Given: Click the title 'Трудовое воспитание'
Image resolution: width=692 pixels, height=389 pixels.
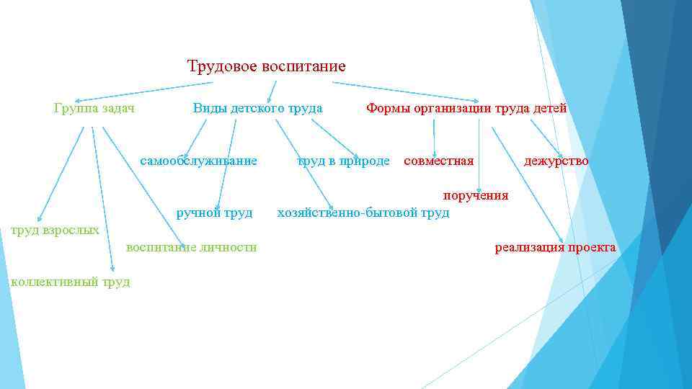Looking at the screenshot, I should (x=266, y=67).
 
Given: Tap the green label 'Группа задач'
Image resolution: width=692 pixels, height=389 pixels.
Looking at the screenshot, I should (x=95, y=109).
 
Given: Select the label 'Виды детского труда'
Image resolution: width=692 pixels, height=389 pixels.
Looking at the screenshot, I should (x=257, y=109).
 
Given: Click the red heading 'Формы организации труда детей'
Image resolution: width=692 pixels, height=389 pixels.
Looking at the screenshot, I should (x=466, y=109).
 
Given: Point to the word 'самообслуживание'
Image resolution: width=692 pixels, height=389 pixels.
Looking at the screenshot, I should (x=198, y=161).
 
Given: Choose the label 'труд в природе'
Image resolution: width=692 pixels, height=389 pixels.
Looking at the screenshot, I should (x=343, y=161).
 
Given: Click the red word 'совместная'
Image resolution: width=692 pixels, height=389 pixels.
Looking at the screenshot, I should (x=438, y=161).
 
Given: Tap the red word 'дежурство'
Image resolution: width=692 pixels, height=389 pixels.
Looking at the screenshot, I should (x=556, y=161).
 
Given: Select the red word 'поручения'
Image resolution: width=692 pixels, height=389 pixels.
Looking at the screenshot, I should (x=475, y=195).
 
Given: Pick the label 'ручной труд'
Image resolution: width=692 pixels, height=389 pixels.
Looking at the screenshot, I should (x=214, y=213).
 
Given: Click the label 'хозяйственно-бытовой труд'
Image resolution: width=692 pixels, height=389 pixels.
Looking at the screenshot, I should (x=363, y=213).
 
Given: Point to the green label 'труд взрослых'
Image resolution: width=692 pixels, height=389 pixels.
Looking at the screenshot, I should (x=54, y=231).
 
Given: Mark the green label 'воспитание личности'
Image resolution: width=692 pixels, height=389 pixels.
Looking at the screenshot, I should (x=191, y=248).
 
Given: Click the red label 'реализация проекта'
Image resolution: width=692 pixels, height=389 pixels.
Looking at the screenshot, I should (x=555, y=248).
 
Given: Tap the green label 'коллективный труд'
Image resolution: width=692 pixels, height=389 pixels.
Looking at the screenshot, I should (x=71, y=282).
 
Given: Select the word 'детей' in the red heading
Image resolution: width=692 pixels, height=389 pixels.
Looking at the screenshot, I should (x=549, y=109).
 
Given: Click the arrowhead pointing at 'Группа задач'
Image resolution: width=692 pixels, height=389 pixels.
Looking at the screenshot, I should (x=78, y=99).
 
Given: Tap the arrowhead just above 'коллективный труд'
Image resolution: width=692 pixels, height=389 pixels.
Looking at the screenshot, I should (x=111, y=268).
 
